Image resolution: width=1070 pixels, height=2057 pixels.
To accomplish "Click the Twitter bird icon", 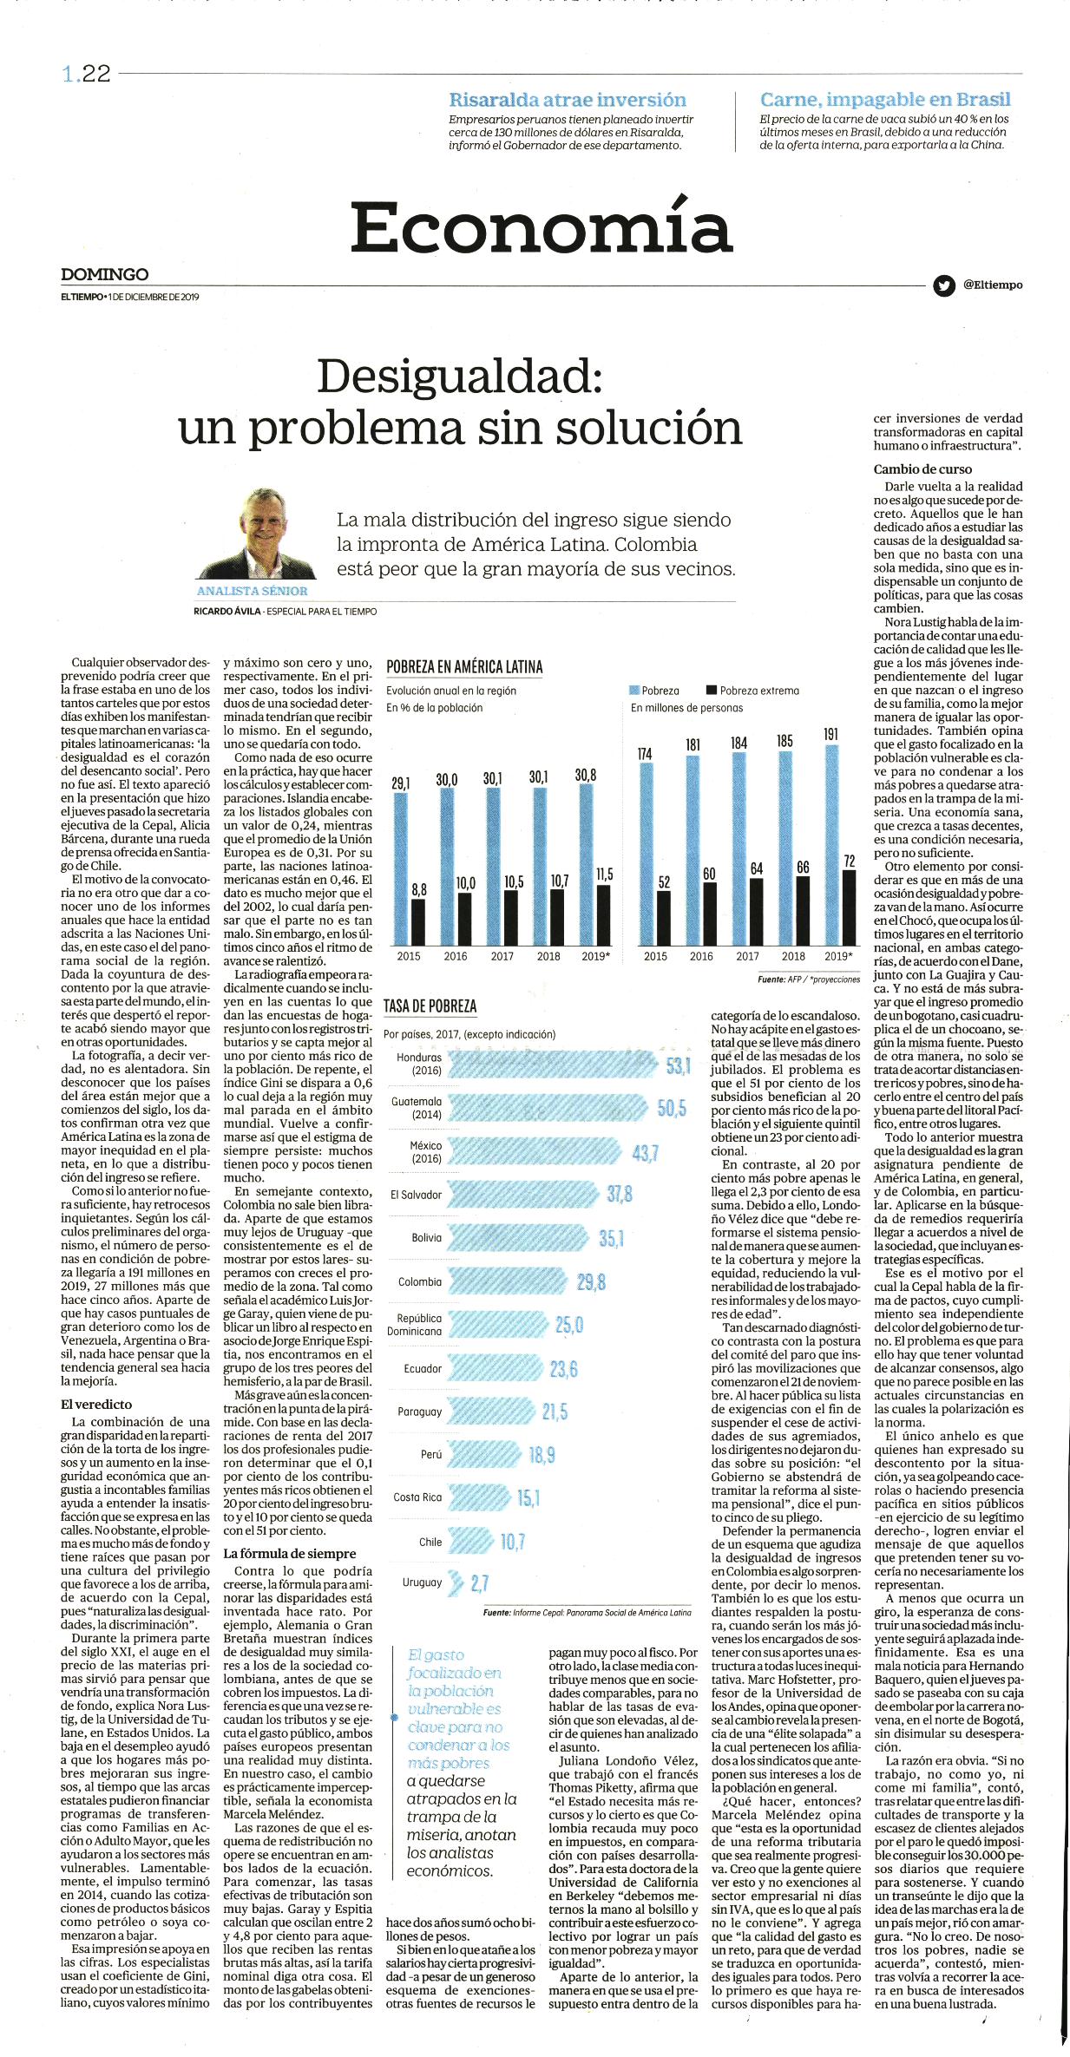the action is tap(943, 285).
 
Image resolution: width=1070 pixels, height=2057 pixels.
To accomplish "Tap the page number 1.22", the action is tap(87, 75).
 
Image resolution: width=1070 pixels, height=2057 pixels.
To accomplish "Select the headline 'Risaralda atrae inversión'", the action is tap(568, 100).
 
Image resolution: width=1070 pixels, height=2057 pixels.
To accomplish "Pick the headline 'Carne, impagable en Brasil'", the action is tap(885, 100).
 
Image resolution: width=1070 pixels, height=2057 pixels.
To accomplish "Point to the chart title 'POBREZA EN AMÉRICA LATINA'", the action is tap(464, 666).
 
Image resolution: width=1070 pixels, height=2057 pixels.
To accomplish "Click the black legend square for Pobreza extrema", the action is tap(712, 691).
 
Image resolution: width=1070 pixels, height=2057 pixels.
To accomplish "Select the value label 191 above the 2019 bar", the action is tap(830, 734).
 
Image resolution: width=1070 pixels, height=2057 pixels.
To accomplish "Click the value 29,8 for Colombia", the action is tap(591, 1281).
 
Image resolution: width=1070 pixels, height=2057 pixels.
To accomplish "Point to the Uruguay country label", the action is tap(423, 1582).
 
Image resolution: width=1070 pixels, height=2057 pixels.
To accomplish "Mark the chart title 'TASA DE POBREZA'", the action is tap(430, 1006).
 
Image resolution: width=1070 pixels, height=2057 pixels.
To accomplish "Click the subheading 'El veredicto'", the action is tap(96, 1404).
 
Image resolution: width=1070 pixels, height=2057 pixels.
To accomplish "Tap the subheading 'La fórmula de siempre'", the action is tap(290, 1553).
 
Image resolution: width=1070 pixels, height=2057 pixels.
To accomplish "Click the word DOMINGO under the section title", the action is tap(105, 274).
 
